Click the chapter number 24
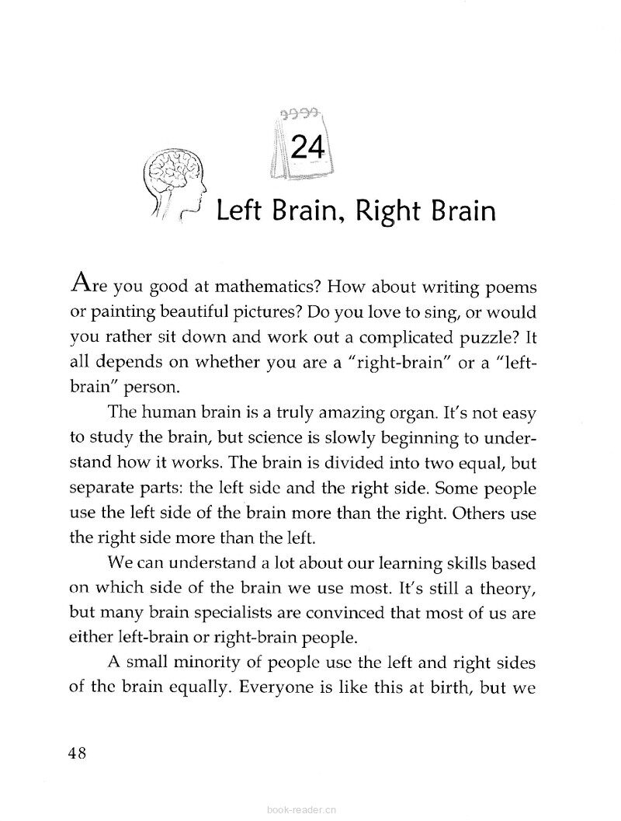pyautogui.click(x=305, y=147)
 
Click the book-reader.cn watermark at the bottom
pyautogui.click(x=300, y=811)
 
